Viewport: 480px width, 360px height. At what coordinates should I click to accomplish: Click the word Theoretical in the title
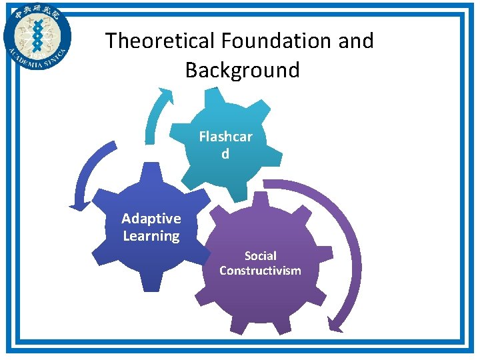(x=158, y=41)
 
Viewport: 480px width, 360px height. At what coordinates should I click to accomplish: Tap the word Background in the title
(x=242, y=70)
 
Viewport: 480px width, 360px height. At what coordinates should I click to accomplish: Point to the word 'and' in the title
(x=357, y=41)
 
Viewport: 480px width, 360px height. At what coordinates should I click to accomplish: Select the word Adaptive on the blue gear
(x=151, y=219)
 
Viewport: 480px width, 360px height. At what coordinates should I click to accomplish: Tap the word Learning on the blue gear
(x=151, y=236)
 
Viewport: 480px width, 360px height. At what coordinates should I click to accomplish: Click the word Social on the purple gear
(x=260, y=255)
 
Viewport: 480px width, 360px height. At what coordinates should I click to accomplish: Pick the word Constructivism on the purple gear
(x=260, y=270)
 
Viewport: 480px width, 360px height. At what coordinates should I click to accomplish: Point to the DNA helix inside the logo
(x=37, y=34)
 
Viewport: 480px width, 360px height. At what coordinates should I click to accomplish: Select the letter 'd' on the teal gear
(x=225, y=154)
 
